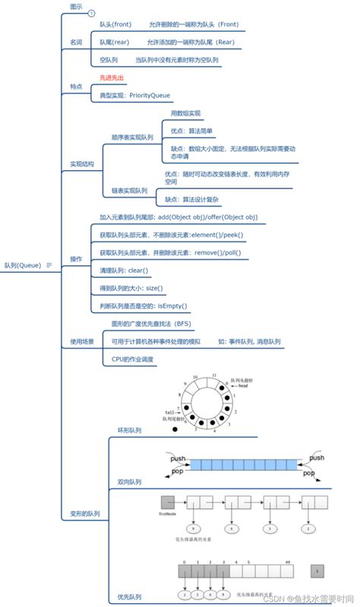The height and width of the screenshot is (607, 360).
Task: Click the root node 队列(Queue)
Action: coord(23,265)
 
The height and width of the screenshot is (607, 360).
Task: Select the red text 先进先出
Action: coord(112,77)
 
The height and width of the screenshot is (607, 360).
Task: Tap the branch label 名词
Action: coord(76,41)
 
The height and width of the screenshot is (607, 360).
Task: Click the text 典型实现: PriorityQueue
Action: coord(135,96)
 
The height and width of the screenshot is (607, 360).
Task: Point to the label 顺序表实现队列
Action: coord(132,138)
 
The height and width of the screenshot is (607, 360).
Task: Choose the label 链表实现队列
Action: coord(129,191)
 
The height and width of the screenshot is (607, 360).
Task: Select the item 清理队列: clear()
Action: coord(124,270)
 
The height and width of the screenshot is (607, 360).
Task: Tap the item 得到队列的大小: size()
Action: coord(131,289)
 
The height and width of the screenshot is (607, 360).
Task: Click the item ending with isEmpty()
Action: coord(144,306)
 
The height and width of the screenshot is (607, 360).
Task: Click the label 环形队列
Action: coord(129,430)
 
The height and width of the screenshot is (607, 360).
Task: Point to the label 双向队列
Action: coord(129,482)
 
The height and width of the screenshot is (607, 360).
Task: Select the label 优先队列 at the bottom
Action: coord(129,596)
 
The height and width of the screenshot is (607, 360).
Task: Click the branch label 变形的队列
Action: coord(84,514)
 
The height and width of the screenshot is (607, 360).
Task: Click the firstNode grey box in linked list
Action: coord(168,502)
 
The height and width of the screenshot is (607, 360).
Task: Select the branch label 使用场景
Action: coord(82,341)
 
